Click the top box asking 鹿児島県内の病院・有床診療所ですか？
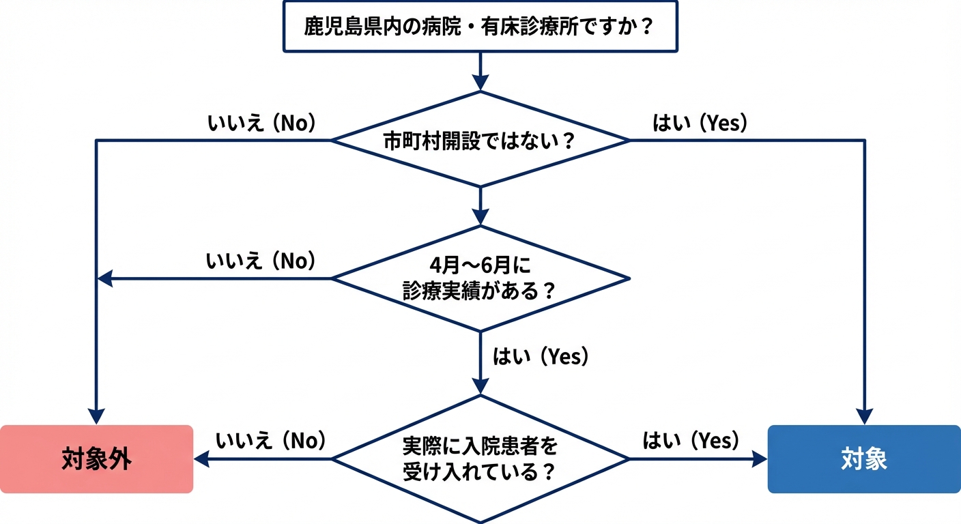point(480,27)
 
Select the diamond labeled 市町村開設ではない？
point(480,141)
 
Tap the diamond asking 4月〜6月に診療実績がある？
point(480,278)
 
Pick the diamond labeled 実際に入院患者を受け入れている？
point(480,459)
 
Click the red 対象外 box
point(96,459)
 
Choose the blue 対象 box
point(864,459)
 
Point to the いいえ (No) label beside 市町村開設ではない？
point(261,123)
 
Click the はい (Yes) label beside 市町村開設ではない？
point(700,123)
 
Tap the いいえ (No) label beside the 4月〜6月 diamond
point(261,261)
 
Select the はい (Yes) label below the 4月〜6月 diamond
point(541,357)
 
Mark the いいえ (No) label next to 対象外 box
point(271,441)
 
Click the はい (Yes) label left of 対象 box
point(691,441)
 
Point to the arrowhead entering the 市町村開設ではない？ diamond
point(480,83)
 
